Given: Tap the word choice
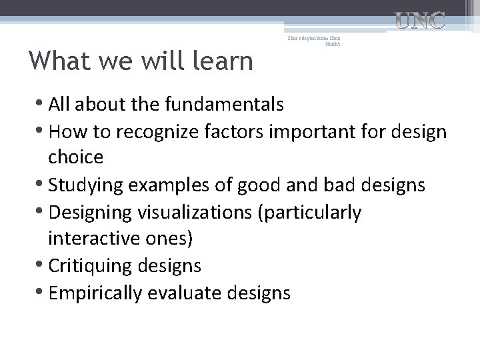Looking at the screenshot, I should point(75,158).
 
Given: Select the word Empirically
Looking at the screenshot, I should point(103,293).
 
